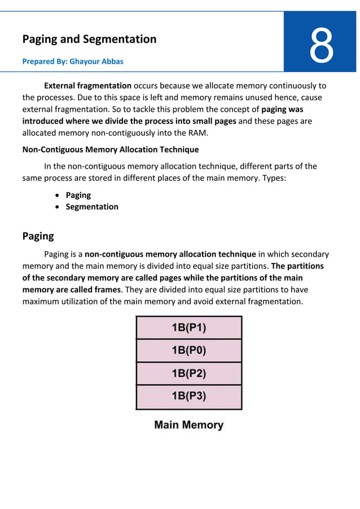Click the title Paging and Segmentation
coord(89,39)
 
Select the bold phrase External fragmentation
coord(87,86)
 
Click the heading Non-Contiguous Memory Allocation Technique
coord(110,150)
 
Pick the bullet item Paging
coord(78,195)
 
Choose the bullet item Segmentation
coord(92,207)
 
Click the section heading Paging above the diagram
coord(38,235)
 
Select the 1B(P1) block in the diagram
coord(188,327)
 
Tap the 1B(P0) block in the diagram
coord(188,350)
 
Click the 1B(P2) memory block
coord(188,374)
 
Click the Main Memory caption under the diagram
coord(188,425)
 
